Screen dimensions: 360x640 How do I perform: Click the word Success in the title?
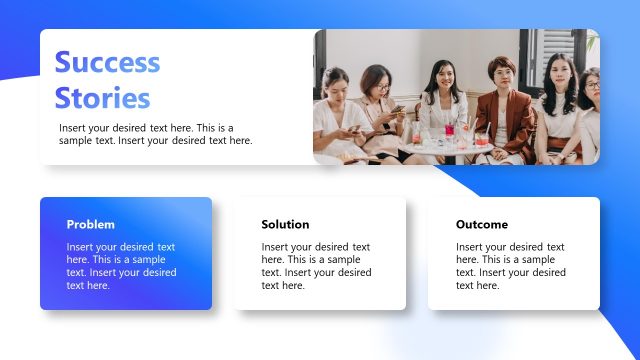pos(107,62)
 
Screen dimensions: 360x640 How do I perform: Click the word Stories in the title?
pos(102,98)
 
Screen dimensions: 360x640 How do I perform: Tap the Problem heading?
pos(91,224)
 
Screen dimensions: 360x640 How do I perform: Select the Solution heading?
pos(285,224)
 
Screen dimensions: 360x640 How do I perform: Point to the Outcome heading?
pos(482,224)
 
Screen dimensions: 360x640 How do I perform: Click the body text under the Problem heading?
pos(121,266)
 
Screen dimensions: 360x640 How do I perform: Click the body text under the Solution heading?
pos(316,266)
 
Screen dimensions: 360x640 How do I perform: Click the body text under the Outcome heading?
pos(510,266)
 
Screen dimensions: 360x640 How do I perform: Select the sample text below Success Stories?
pos(155,134)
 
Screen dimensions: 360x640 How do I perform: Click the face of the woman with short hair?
pos(499,75)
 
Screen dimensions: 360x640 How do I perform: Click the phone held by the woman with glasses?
pos(395,110)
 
